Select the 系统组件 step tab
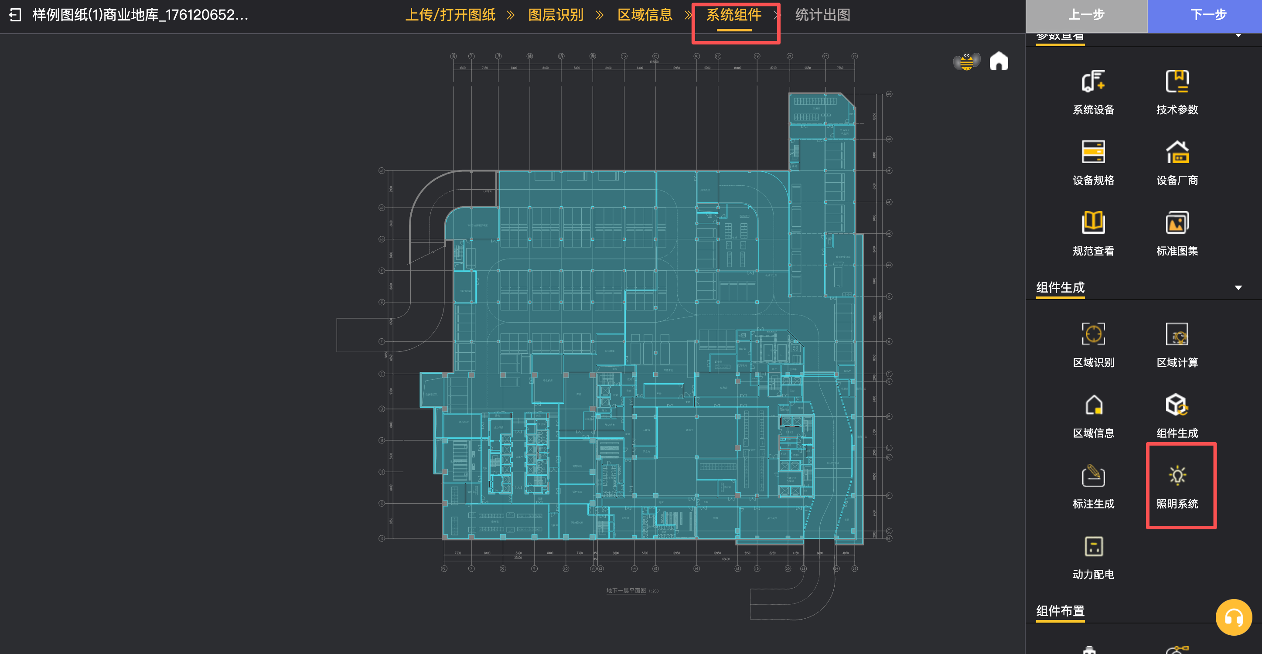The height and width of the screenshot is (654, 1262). pyautogui.click(x=733, y=15)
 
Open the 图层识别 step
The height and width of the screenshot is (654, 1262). pyautogui.click(x=556, y=15)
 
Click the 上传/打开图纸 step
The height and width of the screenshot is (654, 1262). pyautogui.click(x=450, y=15)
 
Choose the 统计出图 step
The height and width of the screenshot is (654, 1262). pyautogui.click(x=822, y=15)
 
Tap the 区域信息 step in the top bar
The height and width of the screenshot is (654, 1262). pyautogui.click(x=645, y=15)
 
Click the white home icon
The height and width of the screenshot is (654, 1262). pyautogui.click(x=999, y=61)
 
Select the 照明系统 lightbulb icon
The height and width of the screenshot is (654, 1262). pyautogui.click(x=1177, y=476)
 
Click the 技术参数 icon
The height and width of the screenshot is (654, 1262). pyautogui.click(x=1177, y=82)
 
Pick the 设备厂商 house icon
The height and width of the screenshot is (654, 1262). pyautogui.click(x=1177, y=152)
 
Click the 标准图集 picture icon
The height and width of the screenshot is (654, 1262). pyautogui.click(x=1177, y=223)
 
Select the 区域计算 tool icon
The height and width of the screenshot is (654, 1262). pyautogui.click(x=1177, y=334)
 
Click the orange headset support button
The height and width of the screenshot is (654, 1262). pyautogui.click(x=1233, y=617)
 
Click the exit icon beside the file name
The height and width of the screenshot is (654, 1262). pyautogui.click(x=15, y=15)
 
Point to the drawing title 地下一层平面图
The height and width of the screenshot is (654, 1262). pyautogui.click(x=626, y=591)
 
